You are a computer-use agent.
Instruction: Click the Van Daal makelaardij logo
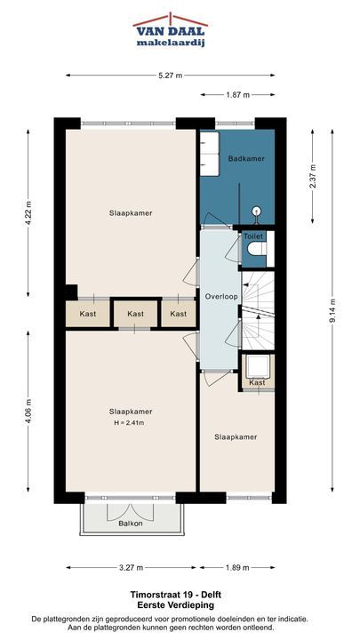(x=170, y=30)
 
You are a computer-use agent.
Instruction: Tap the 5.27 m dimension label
(x=170, y=75)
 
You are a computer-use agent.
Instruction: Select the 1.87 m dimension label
(x=237, y=95)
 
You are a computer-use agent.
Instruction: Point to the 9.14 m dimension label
(x=334, y=310)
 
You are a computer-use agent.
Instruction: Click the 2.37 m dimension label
(x=313, y=176)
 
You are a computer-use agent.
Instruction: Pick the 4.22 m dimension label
(x=28, y=213)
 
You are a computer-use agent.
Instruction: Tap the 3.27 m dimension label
(x=131, y=567)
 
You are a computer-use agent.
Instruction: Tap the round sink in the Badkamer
(x=257, y=212)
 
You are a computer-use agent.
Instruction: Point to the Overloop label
(x=221, y=297)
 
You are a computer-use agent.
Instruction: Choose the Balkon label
(x=131, y=524)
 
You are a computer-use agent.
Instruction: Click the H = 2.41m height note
(x=129, y=423)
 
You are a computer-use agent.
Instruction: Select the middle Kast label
(x=135, y=314)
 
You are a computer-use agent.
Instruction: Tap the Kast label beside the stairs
(x=257, y=382)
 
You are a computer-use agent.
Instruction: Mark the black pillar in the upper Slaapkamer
(x=71, y=292)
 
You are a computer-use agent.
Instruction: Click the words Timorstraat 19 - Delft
(x=176, y=595)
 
